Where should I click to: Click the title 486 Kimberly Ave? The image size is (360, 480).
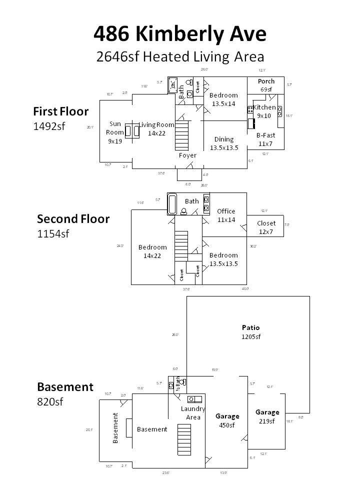(x=180, y=34)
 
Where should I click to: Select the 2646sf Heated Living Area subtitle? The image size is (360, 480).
(x=180, y=56)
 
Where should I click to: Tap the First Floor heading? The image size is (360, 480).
(x=60, y=111)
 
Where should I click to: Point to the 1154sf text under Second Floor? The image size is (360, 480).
(x=53, y=233)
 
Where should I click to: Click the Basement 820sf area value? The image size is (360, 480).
(x=50, y=401)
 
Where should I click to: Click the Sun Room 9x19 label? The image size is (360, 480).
(x=114, y=132)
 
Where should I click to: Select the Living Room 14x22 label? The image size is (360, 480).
(x=156, y=129)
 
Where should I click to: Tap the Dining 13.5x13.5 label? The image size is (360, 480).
(x=223, y=143)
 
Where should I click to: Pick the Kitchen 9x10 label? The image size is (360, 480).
(x=264, y=111)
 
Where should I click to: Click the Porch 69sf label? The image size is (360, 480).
(x=266, y=85)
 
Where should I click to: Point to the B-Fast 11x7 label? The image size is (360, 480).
(x=265, y=139)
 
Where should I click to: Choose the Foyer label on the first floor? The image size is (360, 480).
(x=188, y=155)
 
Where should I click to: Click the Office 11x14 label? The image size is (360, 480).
(x=226, y=215)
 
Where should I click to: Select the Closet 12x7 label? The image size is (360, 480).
(x=266, y=227)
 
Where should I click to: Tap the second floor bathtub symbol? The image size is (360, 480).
(x=173, y=204)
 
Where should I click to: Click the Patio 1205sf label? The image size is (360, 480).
(x=251, y=332)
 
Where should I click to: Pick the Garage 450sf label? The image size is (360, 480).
(x=227, y=420)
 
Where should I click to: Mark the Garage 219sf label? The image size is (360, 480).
(x=267, y=416)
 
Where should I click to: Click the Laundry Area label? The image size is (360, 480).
(x=193, y=413)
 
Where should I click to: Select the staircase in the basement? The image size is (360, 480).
(x=184, y=438)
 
